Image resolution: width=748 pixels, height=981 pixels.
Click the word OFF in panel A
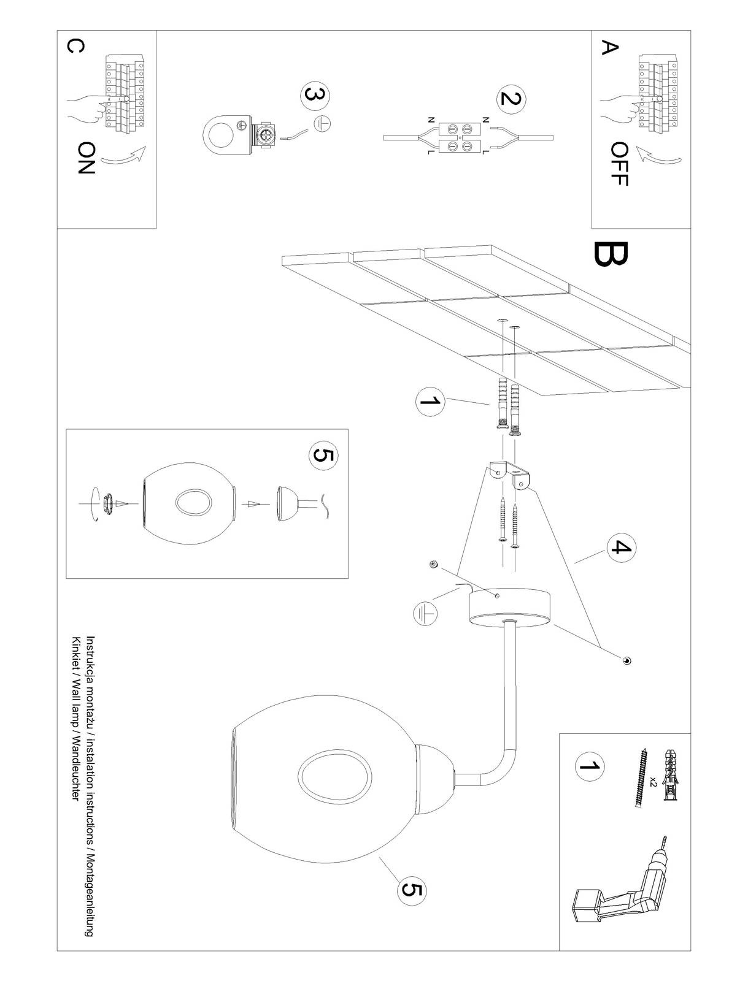tap(620, 164)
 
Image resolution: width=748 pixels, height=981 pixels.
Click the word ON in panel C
tap(87, 158)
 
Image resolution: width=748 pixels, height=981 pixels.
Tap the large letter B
tap(611, 262)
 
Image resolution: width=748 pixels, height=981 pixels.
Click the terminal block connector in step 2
tap(460, 138)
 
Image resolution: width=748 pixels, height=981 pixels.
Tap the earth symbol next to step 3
tap(323, 124)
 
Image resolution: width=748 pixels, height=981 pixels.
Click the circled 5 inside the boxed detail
tap(324, 456)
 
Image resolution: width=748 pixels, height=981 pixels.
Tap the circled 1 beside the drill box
tap(589, 766)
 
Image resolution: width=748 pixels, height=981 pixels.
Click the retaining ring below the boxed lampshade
tap(108, 503)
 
